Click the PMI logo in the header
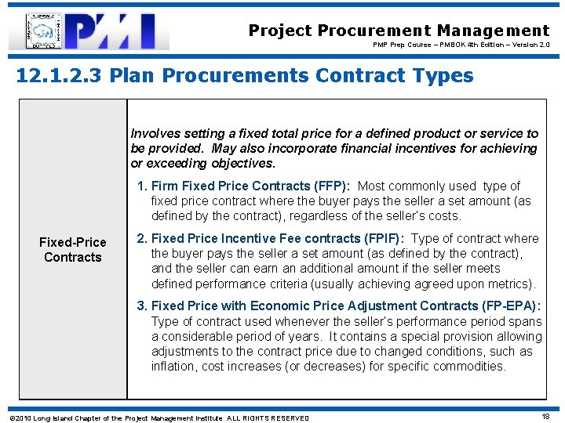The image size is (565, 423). coord(118,31)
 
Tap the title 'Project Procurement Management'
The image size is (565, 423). coord(399,31)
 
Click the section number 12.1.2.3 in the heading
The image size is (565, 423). coord(59,76)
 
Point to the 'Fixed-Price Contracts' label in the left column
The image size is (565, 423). coord(73,250)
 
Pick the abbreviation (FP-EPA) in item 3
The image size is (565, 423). coord(511,305)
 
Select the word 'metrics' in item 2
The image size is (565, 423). coord(510,284)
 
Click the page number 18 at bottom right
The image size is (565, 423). coord(545,418)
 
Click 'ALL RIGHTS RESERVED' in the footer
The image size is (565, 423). coord(268,418)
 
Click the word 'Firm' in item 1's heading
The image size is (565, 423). coord(163,186)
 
